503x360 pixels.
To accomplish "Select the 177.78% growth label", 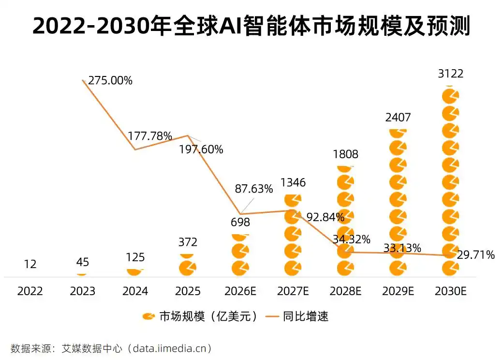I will pos(150,136).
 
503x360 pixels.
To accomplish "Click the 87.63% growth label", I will pos(254,189).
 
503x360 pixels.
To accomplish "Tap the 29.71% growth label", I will pos(476,255).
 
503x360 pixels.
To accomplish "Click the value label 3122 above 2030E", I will pos(450,74).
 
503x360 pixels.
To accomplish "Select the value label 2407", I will pos(398,117).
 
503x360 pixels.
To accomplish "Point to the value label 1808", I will pos(345,154).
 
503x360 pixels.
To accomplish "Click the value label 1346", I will pos(293,183).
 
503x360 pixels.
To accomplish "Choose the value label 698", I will pos(240,223).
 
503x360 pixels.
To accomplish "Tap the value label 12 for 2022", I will pos(30,264).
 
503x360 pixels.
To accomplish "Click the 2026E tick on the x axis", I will pos(240,291).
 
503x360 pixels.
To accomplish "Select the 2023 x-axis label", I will pos(83,291).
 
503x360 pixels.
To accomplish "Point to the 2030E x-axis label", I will pos(450,291).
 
